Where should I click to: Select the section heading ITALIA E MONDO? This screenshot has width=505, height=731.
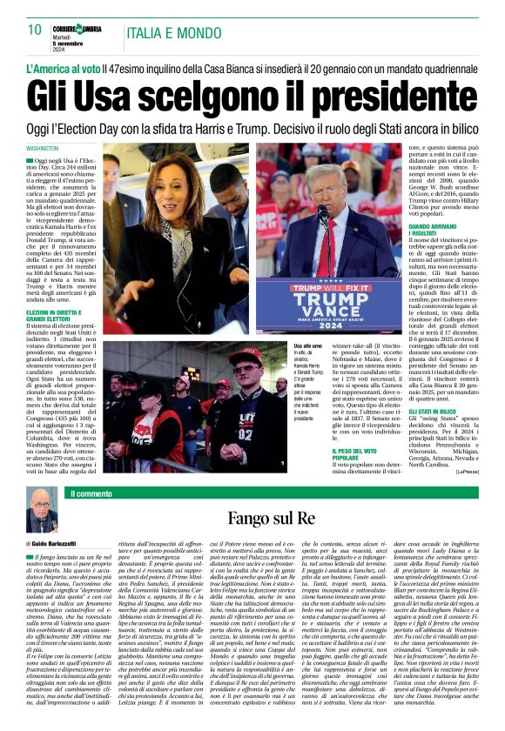click(x=173, y=33)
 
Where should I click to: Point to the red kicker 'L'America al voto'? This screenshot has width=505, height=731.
click(x=62, y=67)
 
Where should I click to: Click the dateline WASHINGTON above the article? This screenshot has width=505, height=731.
click(x=44, y=149)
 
